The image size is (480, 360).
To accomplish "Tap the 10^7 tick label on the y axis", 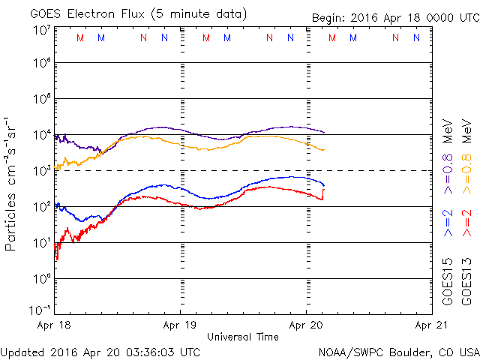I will tap(40, 30).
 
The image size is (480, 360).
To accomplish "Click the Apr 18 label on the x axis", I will tap(55, 325).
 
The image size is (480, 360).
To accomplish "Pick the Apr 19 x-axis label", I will tap(180, 325).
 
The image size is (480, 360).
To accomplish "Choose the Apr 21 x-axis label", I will tap(430, 325).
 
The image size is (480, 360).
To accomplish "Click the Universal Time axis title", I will tap(243, 337).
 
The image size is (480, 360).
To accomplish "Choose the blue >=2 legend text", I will tap(448, 222).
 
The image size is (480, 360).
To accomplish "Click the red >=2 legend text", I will tap(467, 222).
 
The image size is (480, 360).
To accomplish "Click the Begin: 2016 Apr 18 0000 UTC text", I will tap(396, 17).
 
